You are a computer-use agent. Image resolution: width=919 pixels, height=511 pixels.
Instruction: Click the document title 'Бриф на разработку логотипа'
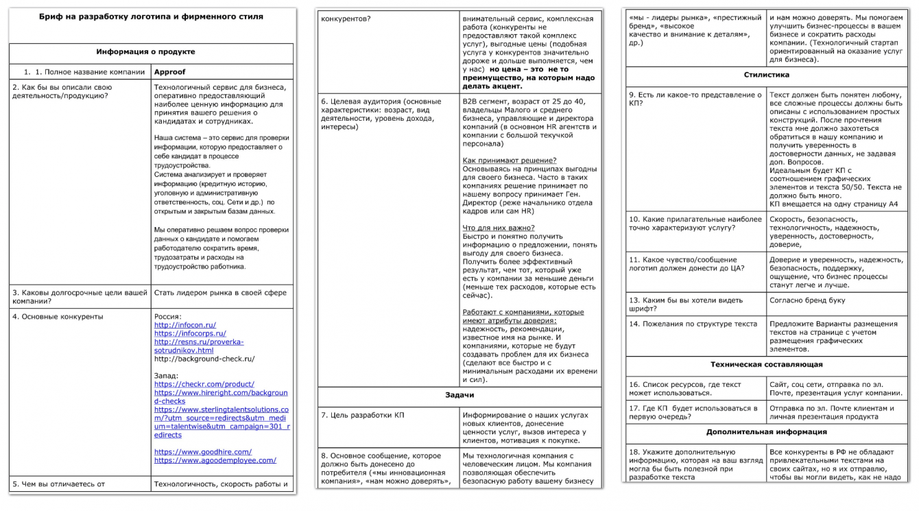coord(151,16)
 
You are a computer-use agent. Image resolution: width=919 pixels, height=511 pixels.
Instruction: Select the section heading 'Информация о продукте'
coord(145,52)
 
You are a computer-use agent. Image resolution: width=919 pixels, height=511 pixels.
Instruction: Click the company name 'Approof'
coord(170,72)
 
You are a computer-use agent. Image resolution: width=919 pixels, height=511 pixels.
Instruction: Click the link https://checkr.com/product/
coord(204,384)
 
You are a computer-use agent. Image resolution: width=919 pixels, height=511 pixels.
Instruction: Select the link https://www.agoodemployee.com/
coord(215,460)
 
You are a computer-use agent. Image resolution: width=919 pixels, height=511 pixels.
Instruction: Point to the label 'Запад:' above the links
coord(167,376)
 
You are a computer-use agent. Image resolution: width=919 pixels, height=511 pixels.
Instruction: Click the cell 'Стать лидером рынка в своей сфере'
coord(220,293)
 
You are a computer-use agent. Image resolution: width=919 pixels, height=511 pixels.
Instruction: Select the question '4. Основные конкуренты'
coord(58,317)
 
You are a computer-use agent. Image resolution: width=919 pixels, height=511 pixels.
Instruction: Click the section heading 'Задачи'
coord(459,396)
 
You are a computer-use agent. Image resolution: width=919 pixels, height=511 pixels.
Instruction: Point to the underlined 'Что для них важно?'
coord(499,228)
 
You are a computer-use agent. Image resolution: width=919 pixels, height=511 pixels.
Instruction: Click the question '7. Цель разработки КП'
coord(362,416)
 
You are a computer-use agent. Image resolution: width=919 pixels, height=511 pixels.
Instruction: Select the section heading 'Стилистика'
coord(766,75)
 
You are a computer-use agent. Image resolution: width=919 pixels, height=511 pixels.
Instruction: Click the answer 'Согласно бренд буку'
coord(807,300)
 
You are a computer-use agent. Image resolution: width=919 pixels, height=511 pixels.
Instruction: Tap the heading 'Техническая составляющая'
coord(766,365)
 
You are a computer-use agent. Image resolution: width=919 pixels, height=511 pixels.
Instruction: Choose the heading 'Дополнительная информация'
coord(766,433)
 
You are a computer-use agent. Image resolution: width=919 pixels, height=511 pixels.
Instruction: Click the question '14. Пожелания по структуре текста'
coord(693,324)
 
